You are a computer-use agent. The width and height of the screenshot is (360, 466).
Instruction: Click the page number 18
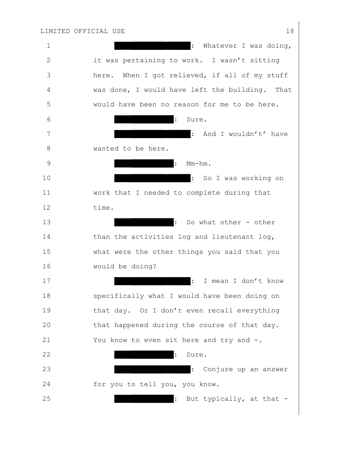pyautogui.click(x=290, y=31)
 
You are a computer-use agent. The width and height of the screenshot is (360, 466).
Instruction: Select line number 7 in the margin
pyautogui.click(x=49, y=134)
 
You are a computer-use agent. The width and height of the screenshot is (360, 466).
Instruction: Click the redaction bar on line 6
pyautogui.click(x=144, y=119)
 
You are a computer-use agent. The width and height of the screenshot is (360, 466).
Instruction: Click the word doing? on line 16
pyautogui.click(x=144, y=266)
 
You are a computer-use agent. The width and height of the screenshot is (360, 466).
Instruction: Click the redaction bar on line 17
pyautogui.click(x=152, y=281)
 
